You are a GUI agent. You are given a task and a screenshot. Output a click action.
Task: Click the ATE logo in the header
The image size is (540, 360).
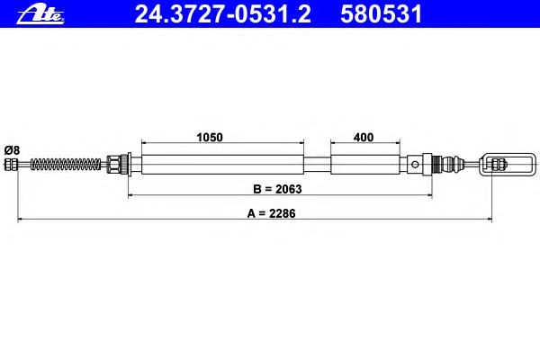[x=40, y=15]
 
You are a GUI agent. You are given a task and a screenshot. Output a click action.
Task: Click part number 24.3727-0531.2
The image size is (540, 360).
[x=223, y=14]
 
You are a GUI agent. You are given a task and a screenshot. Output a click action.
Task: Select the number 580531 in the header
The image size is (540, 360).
[x=381, y=14]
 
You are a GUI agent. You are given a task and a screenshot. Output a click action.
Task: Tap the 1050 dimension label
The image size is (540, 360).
[x=210, y=137]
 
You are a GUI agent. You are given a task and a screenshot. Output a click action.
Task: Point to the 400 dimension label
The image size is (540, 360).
[x=364, y=137]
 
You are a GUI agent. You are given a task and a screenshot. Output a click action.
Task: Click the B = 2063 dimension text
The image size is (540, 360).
[x=277, y=189]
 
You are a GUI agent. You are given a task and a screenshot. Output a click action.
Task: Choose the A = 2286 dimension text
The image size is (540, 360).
[x=272, y=213]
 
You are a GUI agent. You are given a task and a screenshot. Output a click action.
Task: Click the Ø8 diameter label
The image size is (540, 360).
[x=12, y=150]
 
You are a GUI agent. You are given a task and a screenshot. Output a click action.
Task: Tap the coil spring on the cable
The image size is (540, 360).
[x=66, y=165]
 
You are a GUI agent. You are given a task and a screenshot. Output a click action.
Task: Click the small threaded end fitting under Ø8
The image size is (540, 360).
[x=11, y=165]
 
